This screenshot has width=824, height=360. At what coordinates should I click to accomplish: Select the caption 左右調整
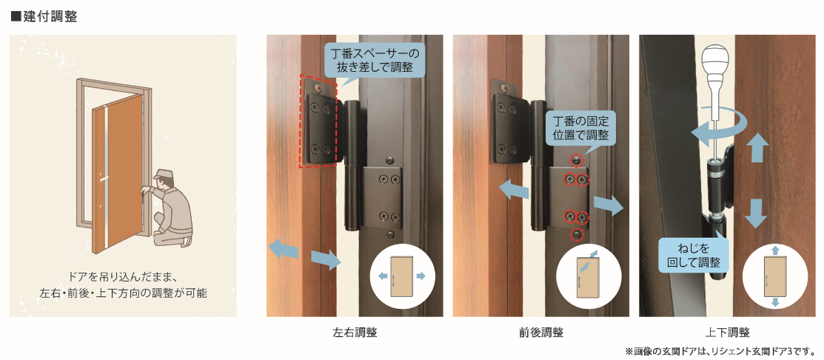[x=355, y=332]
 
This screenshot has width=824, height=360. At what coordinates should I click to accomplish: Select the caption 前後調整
[x=541, y=332]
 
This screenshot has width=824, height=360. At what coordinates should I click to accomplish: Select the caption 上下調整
[x=727, y=332]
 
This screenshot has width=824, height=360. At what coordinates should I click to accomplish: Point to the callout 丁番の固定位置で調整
[x=580, y=127]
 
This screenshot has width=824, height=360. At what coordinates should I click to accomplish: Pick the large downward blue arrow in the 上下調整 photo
[x=755, y=213]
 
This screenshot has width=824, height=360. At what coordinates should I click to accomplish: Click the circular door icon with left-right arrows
[x=398, y=276]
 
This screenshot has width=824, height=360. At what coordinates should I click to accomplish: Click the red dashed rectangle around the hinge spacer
[x=301, y=120]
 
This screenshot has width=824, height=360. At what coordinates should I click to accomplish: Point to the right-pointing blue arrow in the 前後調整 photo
[x=609, y=204]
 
